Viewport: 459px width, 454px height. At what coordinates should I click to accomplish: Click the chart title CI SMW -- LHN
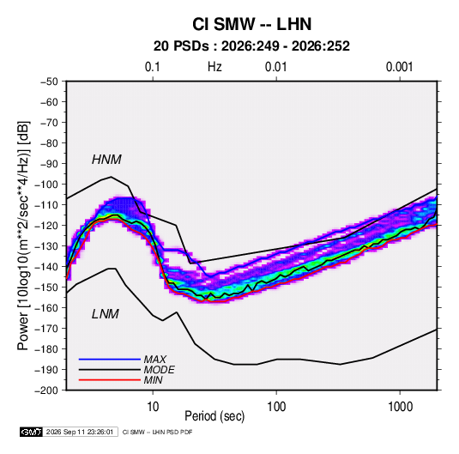coord(251,24)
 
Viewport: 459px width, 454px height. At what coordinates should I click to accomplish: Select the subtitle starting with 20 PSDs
coord(251,46)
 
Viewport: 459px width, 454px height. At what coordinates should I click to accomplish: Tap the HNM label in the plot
coord(106,160)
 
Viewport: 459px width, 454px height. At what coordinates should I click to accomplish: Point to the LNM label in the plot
coord(106,314)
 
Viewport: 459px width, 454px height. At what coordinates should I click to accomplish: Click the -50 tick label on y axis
coord(50,82)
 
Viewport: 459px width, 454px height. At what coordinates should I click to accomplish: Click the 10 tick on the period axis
coord(153,407)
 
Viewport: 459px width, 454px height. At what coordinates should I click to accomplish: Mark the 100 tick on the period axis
coord(276,407)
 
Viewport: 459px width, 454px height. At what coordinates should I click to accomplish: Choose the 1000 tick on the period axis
coord(400,407)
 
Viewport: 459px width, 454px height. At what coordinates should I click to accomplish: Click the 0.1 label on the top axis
coord(153,67)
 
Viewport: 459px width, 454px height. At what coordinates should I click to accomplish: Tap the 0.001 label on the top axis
coord(399,67)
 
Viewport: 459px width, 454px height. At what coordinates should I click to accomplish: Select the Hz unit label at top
coord(214,67)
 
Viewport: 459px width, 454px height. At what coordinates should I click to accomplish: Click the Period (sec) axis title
coord(214,416)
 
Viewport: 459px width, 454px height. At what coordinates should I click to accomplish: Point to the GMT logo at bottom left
coord(31,432)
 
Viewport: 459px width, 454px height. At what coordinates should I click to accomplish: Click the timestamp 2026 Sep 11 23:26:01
coord(80,432)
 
